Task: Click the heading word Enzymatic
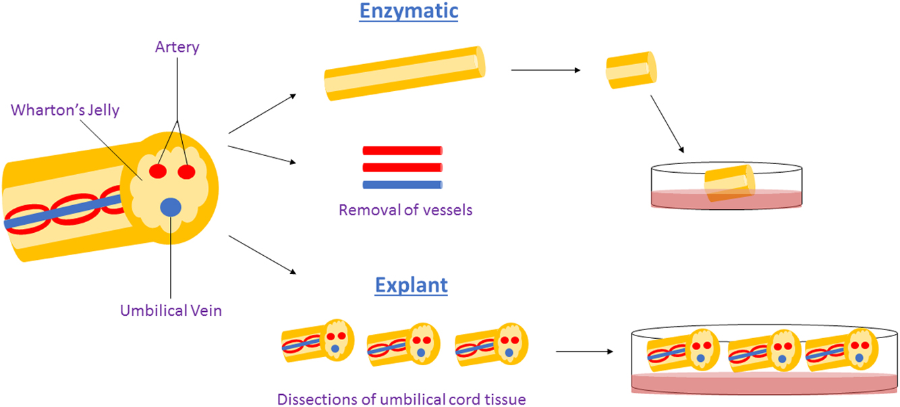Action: [x=409, y=12]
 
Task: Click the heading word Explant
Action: [x=411, y=285]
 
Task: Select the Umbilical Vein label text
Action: [x=171, y=310]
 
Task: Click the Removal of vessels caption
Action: [x=405, y=210]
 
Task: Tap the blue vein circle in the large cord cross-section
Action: [x=172, y=207]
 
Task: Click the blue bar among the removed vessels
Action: [x=402, y=184]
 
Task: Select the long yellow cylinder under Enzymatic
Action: [x=405, y=73]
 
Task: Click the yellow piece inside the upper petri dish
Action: [x=728, y=183]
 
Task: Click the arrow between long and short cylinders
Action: [x=546, y=70]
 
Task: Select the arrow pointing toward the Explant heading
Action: [x=263, y=254]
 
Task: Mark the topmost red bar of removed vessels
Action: [x=402, y=150]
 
